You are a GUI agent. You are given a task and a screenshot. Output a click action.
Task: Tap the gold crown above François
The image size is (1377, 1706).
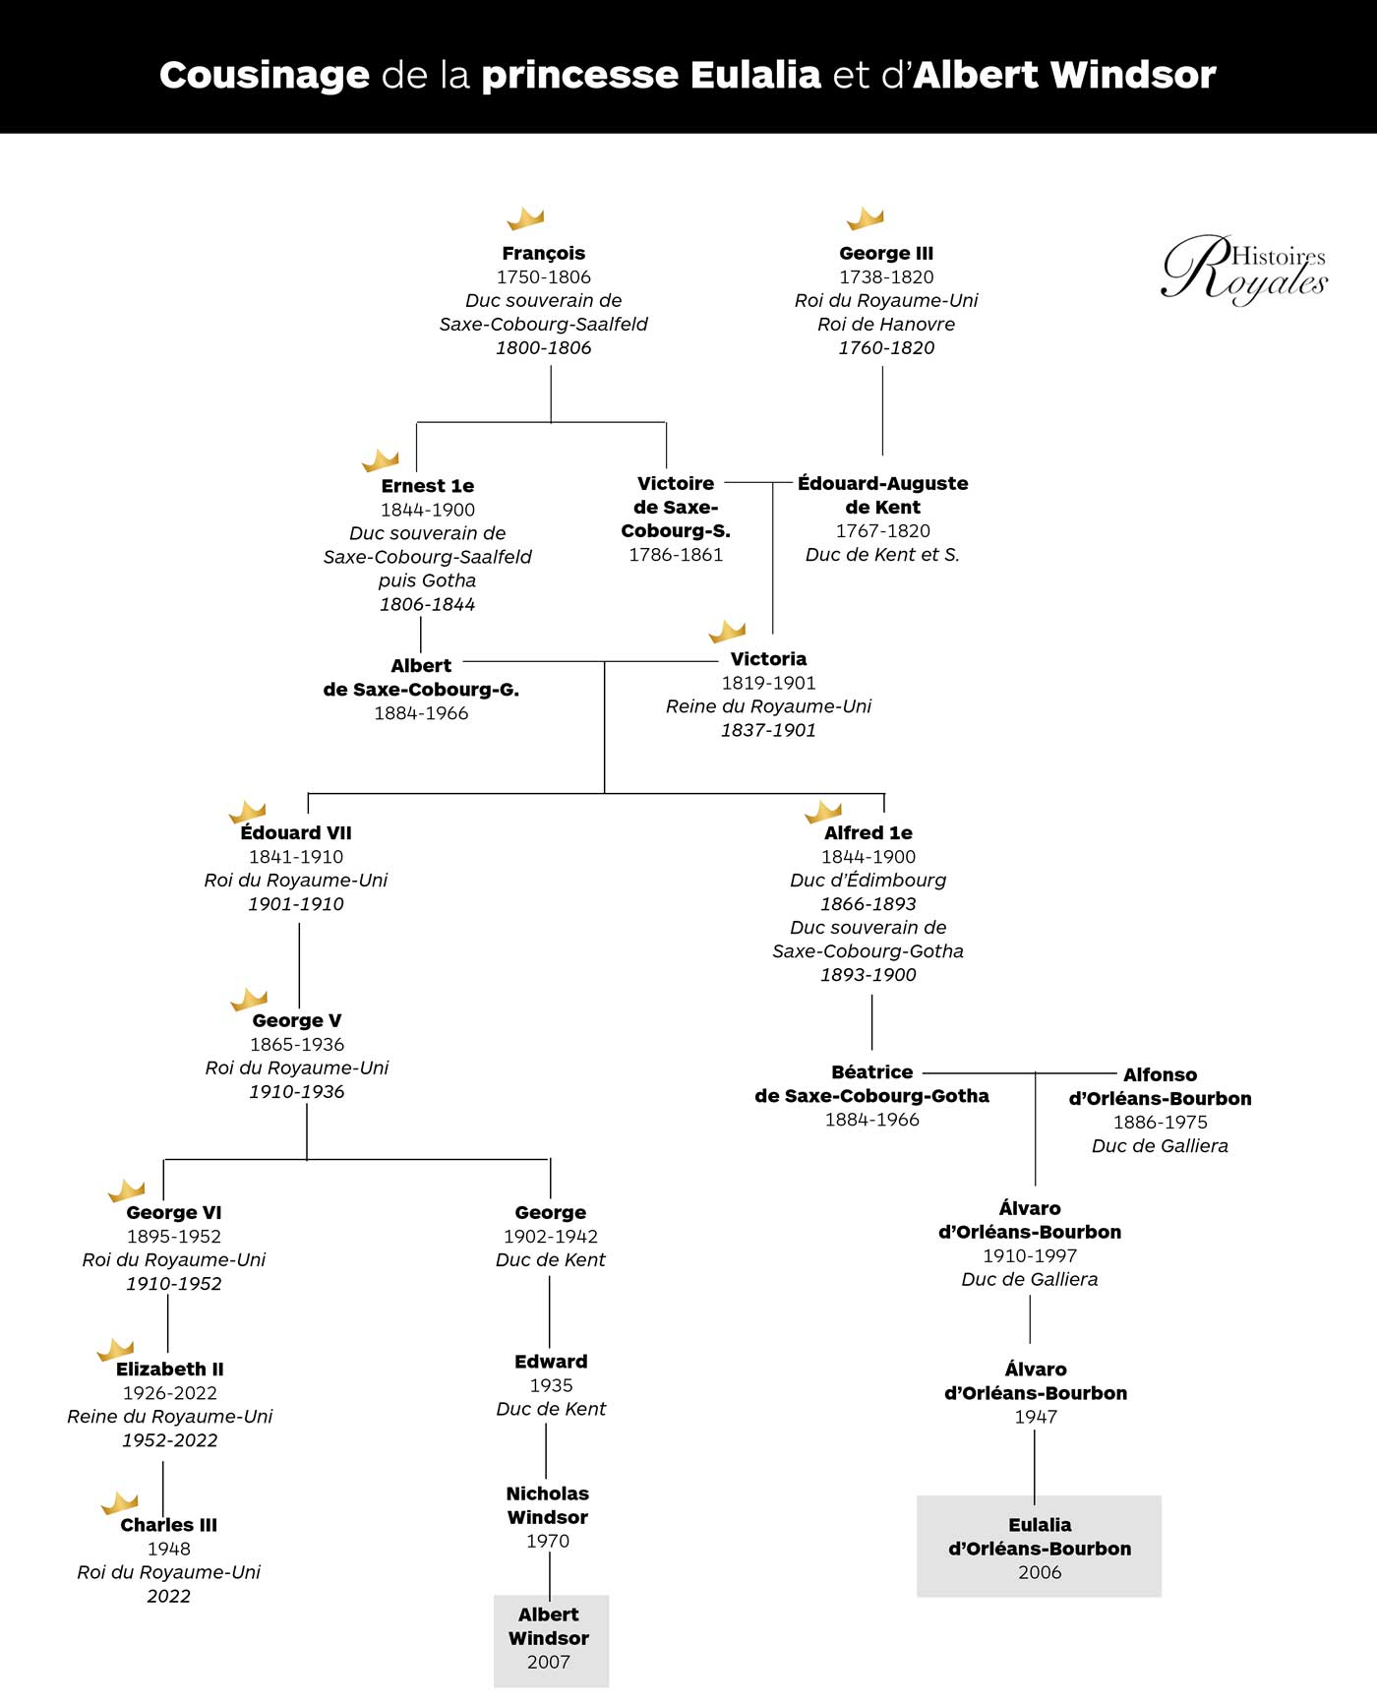point(525,218)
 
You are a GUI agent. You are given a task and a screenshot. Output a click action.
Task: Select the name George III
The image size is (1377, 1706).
point(886,253)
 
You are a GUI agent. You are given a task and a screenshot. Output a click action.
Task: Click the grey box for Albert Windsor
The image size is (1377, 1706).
point(551,1640)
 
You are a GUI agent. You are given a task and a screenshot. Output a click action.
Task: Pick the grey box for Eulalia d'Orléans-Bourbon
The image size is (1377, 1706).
point(1039,1547)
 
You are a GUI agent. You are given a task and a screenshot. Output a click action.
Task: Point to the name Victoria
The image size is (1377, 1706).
point(768,659)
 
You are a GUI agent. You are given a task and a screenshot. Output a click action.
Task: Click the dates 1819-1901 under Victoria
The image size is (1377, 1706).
point(768,683)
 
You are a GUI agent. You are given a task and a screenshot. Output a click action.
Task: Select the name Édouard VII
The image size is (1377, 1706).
point(296,833)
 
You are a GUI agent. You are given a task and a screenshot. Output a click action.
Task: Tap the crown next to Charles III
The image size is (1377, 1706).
point(120,1503)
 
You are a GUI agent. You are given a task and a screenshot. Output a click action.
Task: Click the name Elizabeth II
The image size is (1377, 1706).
point(170,1370)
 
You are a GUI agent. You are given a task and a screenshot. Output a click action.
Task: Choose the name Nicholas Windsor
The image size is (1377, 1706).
point(548,1505)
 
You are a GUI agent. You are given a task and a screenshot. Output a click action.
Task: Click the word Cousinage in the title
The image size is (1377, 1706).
point(264,75)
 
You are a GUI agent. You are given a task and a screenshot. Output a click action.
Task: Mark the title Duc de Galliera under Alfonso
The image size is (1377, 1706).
point(1160,1146)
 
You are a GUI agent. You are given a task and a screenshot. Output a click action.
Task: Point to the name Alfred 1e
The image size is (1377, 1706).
point(868,833)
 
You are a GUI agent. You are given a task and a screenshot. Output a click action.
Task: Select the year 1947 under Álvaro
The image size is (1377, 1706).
point(1036,1417)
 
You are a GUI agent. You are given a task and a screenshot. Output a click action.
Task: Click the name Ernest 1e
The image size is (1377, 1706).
point(428,486)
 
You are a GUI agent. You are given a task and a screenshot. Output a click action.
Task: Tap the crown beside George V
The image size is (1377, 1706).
point(249,1000)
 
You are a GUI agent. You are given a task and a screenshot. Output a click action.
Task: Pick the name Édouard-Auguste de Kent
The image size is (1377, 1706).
point(882,495)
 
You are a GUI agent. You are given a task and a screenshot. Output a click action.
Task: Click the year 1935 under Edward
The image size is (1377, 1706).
point(551,1385)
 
